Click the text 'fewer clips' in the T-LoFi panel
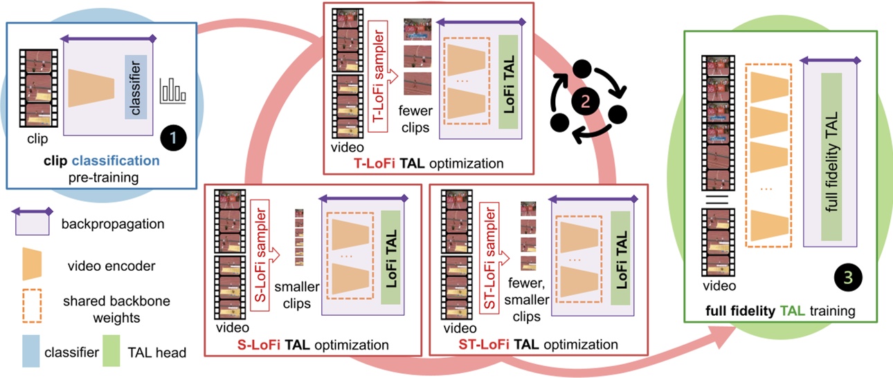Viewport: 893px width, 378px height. [415, 119]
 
